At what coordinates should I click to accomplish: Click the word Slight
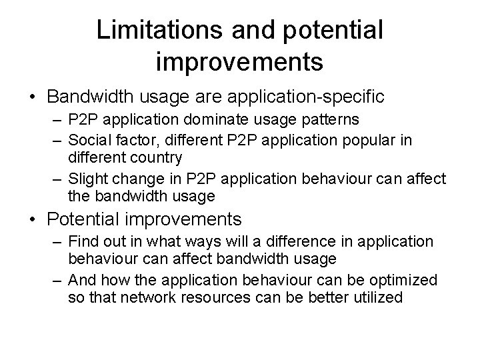click(x=85, y=180)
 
